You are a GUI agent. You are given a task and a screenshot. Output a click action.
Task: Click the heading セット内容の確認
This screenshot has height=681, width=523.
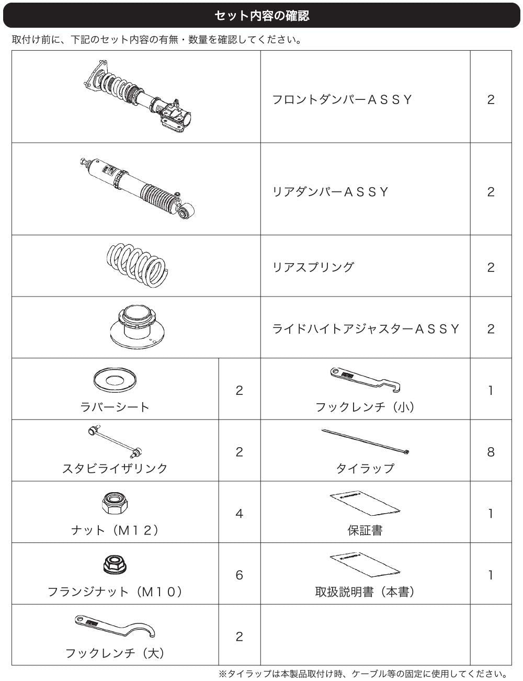(261, 15)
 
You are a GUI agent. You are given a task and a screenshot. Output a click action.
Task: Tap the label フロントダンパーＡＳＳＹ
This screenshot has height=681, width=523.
(342, 100)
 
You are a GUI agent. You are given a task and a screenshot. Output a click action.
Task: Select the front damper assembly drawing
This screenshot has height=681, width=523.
(138, 97)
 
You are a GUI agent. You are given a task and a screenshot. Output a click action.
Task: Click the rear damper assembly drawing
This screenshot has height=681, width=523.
(137, 188)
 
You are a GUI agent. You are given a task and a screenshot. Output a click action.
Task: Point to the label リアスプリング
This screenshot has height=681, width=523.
(313, 267)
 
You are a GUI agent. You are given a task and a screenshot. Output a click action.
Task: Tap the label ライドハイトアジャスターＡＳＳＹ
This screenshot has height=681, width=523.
(366, 329)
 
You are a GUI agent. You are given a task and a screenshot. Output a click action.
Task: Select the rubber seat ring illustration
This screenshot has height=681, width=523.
(115, 380)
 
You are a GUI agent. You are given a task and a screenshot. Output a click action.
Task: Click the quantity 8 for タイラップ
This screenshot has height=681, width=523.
(491, 452)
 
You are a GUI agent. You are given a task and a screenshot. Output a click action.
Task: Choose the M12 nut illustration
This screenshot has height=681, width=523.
(115, 502)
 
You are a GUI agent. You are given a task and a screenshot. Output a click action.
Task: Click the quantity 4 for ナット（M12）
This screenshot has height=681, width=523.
(239, 513)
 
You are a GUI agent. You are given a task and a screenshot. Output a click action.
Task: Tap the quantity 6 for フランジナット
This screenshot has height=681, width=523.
(239, 575)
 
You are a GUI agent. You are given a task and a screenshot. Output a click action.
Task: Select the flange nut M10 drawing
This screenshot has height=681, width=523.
(115, 564)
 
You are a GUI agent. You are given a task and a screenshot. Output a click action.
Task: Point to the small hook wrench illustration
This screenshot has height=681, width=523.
(366, 380)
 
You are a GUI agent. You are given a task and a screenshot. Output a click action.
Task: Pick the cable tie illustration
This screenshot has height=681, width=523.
(366, 441)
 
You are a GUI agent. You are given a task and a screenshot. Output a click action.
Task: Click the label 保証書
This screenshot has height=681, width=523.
(365, 530)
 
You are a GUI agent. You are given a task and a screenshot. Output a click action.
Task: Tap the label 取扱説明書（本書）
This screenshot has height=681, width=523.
(365, 592)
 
